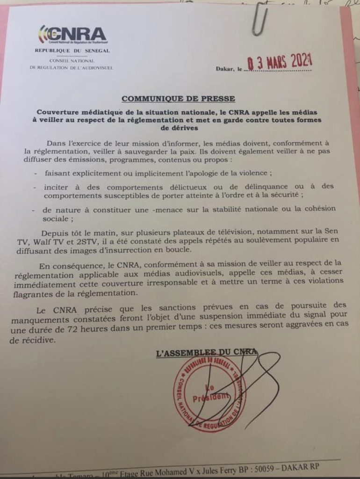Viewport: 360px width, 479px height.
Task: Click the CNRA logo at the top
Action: [x=72, y=34]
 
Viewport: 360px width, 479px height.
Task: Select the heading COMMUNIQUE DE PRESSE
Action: [x=178, y=99]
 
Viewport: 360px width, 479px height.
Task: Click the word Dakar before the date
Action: [x=225, y=69]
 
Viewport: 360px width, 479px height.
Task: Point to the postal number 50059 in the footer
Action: [x=261, y=468]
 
